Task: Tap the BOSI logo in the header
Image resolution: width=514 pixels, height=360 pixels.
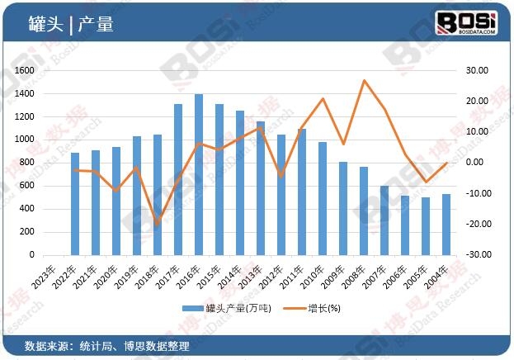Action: [x=466, y=23]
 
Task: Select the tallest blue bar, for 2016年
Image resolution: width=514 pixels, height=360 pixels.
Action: [x=199, y=175]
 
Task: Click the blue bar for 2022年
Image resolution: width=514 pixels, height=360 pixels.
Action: [x=75, y=204]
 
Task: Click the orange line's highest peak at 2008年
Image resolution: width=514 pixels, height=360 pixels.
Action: [x=364, y=80]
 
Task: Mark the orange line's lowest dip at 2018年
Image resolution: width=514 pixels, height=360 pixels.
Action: [x=158, y=225]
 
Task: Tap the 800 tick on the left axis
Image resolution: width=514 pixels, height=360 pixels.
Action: [x=27, y=163]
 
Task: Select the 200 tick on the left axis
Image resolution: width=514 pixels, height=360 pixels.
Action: [x=27, y=232]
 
